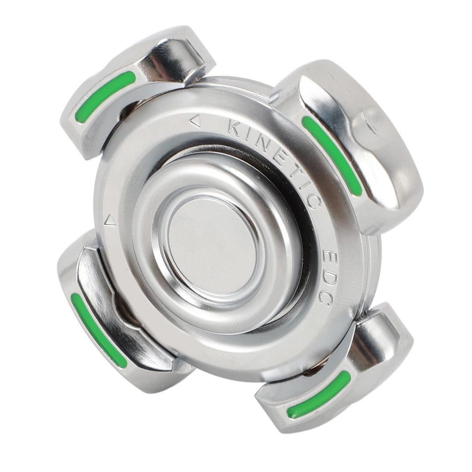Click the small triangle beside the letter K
click(195, 121)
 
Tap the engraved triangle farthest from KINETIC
click(110, 221)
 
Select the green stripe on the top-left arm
click(106, 97)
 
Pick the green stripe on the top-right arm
click(332, 155)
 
